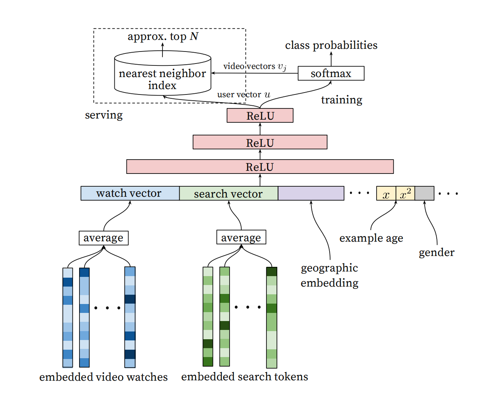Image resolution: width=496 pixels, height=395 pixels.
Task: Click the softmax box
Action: (x=331, y=73)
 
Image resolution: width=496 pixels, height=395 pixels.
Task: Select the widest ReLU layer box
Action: (x=260, y=167)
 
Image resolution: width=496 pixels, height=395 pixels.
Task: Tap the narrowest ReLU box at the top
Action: (x=260, y=115)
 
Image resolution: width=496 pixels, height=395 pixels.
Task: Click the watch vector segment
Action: (x=130, y=193)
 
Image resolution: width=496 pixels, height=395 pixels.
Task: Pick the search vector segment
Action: (x=229, y=193)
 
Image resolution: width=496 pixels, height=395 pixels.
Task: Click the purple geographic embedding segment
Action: (x=311, y=193)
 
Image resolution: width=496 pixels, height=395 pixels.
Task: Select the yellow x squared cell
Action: (x=405, y=193)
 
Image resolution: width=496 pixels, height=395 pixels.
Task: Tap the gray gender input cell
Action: (x=425, y=193)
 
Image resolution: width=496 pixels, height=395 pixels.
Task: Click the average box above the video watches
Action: (x=104, y=238)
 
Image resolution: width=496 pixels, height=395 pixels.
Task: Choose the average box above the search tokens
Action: (x=241, y=237)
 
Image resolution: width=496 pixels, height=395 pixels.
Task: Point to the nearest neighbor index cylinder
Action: (x=163, y=73)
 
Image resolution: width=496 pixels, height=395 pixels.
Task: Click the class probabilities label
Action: (x=331, y=45)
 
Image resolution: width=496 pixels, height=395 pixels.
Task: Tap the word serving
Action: (x=104, y=115)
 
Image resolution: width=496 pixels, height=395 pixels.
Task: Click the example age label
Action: (x=371, y=238)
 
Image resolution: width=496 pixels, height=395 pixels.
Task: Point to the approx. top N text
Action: (x=163, y=36)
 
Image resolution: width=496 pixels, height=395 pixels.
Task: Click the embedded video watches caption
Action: (x=104, y=377)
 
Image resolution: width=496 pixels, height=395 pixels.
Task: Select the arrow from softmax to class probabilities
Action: (x=331, y=59)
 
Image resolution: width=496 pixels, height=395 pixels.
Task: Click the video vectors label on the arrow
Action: (x=255, y=67)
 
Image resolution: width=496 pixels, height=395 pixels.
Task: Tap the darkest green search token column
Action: (x=272, y=318)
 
